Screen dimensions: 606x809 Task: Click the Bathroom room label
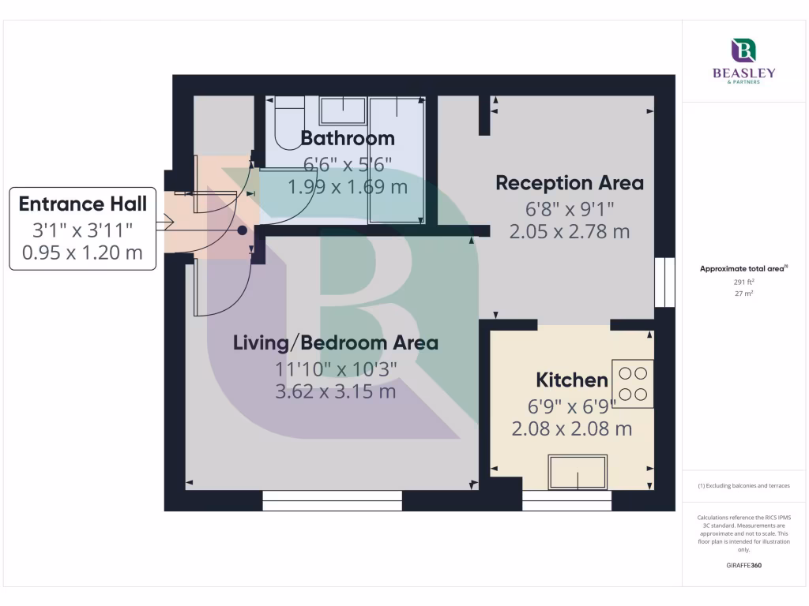pyautogui.click(x=348, y=139)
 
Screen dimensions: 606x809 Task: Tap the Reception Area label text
pyautogui.click(x=569, y=183)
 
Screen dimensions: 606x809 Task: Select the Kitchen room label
pyautogui.click(x=572, y=380)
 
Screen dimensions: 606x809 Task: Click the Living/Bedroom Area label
pyautogui.click(x=335, y=343)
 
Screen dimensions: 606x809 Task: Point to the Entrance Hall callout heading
pyautogui.click(x=83, y=204)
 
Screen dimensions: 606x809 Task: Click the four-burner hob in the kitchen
pyautogui.click(x=633, y=383)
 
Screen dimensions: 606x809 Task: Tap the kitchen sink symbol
pyautogui.click(x=578, y=472)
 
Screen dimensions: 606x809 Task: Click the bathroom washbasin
pyautogui.click(x=343, y=110)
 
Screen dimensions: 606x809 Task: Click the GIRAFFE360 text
pyautogui.click(x=743, y=566)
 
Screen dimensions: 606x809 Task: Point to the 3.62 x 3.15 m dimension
pyautogui.click(x=335, y=392)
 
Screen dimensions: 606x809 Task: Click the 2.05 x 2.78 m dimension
pyautogui.click(x=569, y=232)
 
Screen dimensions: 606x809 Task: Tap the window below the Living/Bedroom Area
pyautogui.click(x=332, y=501)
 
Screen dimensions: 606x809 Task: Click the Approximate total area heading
pyautogui.click(x=743, y=269)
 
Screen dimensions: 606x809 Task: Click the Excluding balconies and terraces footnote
pyautogui.click(x=743, y=486)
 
